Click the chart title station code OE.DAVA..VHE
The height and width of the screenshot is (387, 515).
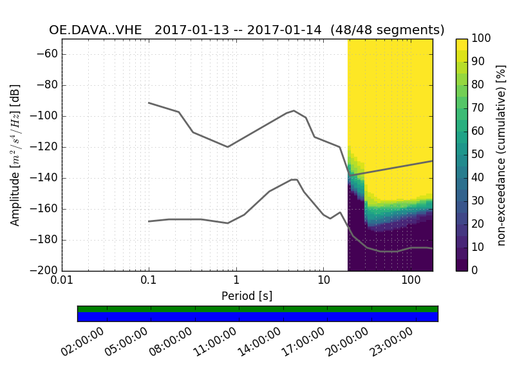coord(98,30)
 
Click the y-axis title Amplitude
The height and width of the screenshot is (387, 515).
coord(15,155)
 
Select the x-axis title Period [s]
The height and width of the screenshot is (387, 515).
coord(247,296)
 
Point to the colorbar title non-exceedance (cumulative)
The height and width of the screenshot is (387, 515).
coord(501,155)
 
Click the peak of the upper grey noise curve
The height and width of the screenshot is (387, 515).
coord(294,110)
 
